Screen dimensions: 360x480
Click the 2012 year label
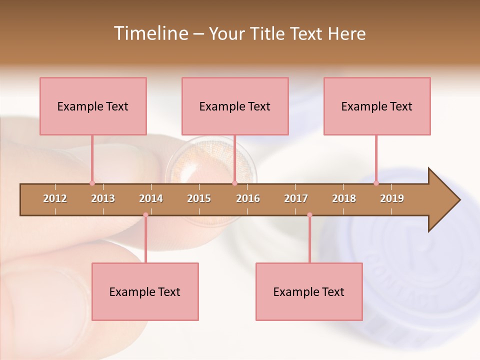(x=55, y=198)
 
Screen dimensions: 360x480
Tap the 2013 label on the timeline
(x=103, y=198)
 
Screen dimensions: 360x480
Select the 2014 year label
(x=151, y=198)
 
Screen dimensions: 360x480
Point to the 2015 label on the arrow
(x=199, y=198)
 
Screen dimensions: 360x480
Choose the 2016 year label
(x=248, y=198)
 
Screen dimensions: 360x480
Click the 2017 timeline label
(x=296, y=198)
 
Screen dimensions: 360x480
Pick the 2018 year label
(x=344, y=198)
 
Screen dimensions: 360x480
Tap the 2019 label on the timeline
(x=392, y=198)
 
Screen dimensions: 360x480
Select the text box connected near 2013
(x=93, y=106)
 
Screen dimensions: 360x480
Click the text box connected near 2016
(x=235, y=106)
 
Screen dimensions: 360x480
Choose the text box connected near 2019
(x=377, y=106)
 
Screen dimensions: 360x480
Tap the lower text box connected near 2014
(x=145, y=291)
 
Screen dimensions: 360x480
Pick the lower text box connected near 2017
(x=309, y=291)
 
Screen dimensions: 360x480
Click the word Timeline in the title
(x=150, y=33)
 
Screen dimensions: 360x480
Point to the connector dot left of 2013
(x=92, y=183)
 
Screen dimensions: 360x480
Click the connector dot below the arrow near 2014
(x=145, y=215)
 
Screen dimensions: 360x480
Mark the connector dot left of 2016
(x=234, y=183)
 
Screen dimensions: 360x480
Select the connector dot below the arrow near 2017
(x=309, y=215)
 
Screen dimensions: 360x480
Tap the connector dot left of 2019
(x=376, y=183)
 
